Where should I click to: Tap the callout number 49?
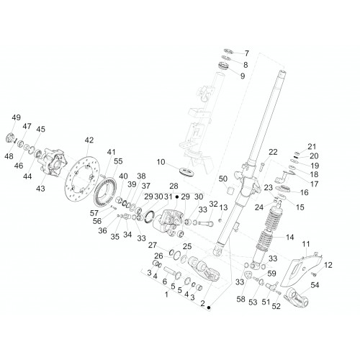point(17,117)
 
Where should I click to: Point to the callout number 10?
point(161,162)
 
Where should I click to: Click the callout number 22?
point(273,152)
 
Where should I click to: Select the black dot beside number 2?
point(209,307)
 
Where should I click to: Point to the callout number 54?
point(315,285)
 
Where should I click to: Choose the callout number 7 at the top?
point(247,53)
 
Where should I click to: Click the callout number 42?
point(89,140)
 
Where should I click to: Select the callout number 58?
point(240,299)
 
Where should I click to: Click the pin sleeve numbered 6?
point(172,273)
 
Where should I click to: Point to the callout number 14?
point(289,238)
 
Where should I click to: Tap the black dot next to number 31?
point(177,197)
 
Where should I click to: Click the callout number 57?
point(94,213)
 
